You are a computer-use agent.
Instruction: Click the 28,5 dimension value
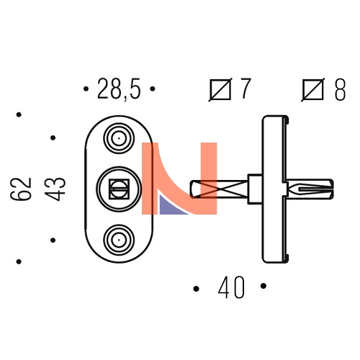[x=119, y=89]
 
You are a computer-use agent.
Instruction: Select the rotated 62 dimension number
[x=21, y=189]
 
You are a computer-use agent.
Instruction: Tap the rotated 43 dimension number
[x=55, y=189]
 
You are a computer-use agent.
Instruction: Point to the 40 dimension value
[x=231, y=287]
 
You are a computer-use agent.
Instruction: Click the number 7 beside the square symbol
[x=245, y=89]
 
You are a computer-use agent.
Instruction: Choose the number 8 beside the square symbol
[x=340, y=89]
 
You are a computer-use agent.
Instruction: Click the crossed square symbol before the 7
[x=220, y=89]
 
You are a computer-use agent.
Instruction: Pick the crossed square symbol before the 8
[x=312, y=89]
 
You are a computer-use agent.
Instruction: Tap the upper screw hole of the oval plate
[x=119, y=138]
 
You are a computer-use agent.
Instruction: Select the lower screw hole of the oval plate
[x=119, y=240]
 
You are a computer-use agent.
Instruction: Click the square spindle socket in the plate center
[x=119, y=189]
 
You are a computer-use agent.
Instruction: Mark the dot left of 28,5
[x=86, y=89]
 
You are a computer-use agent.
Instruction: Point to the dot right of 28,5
[x=153, y=89]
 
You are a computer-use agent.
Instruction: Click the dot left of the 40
[x=196, y=289]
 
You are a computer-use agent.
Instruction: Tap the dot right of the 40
[x=264, y=286]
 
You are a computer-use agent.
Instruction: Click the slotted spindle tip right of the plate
[x=310, y=189]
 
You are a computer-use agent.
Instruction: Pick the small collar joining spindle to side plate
[x=255, y=189]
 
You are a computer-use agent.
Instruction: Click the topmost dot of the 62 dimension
[x=19, y=114]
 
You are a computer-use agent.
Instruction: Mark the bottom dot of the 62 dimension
[x=19, y=261]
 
